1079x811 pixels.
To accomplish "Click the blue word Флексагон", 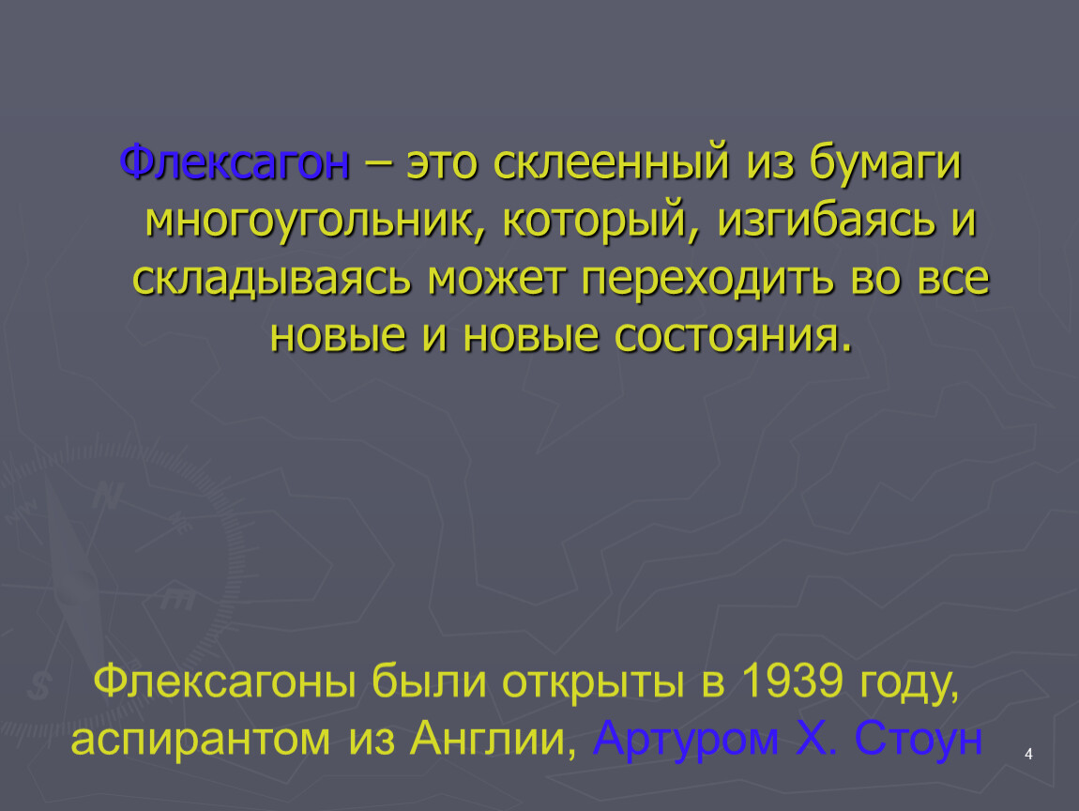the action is coord(235,163).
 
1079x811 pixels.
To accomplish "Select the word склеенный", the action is coord(611,162).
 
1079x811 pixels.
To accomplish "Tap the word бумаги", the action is coord(885,162).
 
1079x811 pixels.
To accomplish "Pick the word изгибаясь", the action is coord(827,221).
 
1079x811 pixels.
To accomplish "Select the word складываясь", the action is coord(272,279).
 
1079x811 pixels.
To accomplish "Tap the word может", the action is coord(496,279).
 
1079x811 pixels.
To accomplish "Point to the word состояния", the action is coord(733,337).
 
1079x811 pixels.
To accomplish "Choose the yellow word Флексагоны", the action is coord(224,681).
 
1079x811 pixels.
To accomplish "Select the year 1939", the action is coord(792,681).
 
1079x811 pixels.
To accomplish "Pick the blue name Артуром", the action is coord(685,740).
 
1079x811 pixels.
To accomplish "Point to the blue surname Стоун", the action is coord(918,740).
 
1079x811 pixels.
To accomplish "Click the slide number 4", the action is coord(1028,755).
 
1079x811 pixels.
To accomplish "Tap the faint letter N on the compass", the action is coord(107,495).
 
